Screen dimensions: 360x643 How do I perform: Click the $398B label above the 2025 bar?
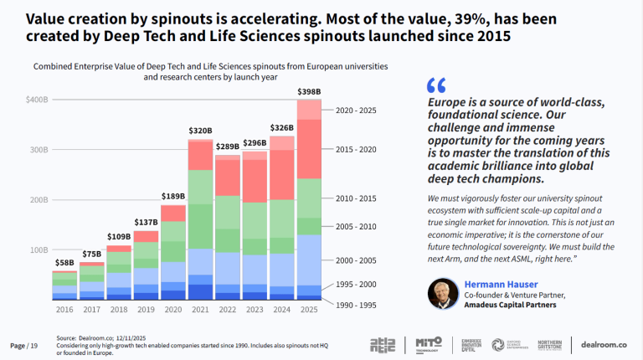[310, 90]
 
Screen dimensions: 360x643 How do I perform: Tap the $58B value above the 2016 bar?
[64, 263]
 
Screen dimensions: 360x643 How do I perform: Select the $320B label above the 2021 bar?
[200, 131]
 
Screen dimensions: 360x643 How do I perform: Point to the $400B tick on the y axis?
[37, 100]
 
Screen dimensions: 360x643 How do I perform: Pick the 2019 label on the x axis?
[146, 310]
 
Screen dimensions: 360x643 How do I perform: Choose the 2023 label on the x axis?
[255, 310]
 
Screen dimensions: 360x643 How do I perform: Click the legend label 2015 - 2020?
[355, 149]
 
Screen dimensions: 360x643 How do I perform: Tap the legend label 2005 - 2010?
[355, 227]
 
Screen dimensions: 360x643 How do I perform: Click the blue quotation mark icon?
[435, 85]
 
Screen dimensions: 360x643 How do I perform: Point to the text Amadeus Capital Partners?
[512, 305]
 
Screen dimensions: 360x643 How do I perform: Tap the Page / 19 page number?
[24, 345]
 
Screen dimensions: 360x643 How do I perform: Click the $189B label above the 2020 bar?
[172, 196]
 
